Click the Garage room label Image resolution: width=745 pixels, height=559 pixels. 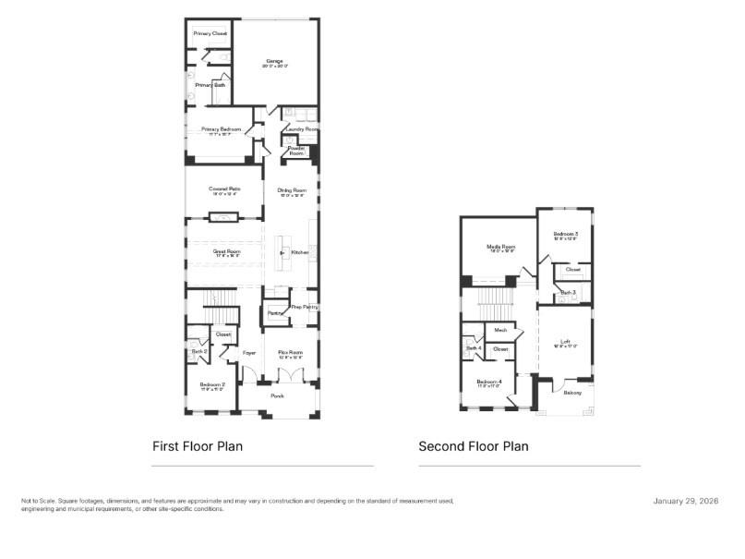point(274,61)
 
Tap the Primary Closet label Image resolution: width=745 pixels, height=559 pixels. point(210,33)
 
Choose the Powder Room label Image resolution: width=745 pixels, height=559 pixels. point(296,150)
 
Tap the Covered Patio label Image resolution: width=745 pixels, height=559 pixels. point(226,188)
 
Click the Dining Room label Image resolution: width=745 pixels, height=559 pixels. point(292,189)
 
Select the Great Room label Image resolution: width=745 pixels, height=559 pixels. point(225,251)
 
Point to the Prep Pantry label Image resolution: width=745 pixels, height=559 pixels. point(304,307)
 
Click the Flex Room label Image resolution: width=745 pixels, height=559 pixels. point(291,352)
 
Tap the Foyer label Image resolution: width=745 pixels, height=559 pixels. point(249,353)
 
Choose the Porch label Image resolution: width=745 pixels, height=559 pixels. point(277,395)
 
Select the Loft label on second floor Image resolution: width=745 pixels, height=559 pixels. point(565,342)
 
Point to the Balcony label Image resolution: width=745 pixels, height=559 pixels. point(571,393)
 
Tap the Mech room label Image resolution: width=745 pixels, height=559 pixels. point(500,330)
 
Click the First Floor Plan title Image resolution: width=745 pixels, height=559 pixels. point(198,446)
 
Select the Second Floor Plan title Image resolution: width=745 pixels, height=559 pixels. point(474,446)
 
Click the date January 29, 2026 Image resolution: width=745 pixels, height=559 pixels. point(685,501)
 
